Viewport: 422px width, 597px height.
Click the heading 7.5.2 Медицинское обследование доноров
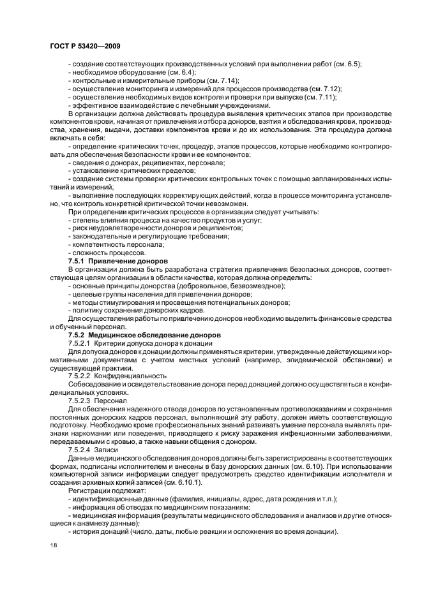pos(144,334)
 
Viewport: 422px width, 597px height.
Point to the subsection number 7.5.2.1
pos(79,343)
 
